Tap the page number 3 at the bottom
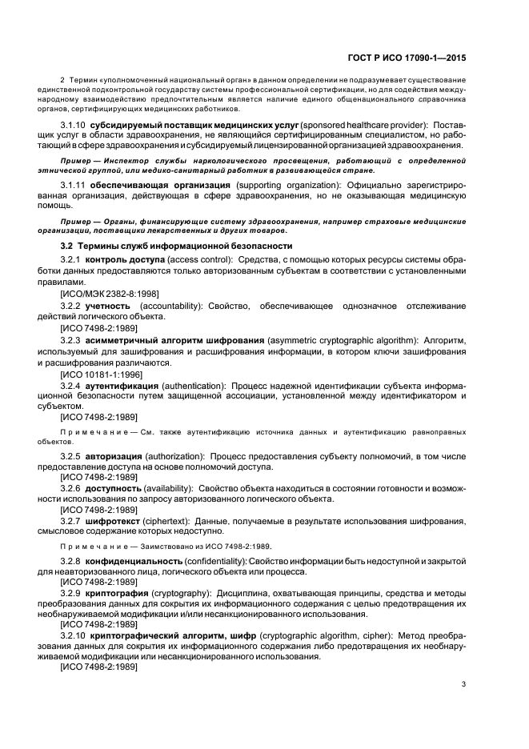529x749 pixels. point(464,684)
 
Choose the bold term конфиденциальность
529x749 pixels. point(146,561)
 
